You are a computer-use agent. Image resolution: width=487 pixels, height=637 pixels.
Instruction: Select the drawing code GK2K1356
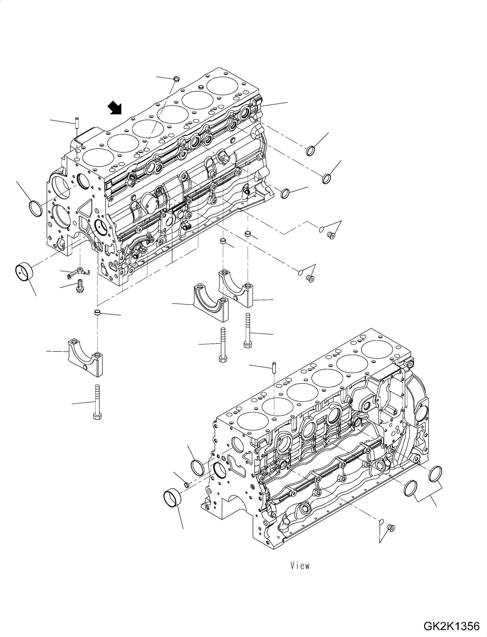pos(451,626)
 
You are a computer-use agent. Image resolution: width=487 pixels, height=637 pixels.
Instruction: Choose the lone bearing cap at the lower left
pos(85,358)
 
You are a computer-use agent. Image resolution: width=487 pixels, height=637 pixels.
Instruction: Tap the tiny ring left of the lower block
pos(187,485)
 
